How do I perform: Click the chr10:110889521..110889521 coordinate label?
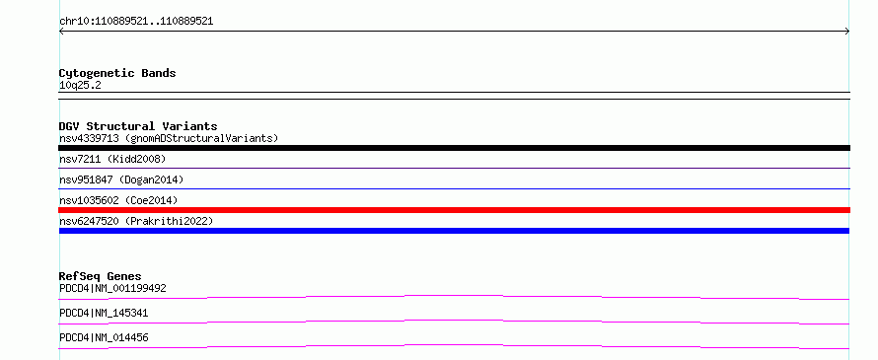[x=136, y=22]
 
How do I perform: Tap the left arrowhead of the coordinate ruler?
[x=61, y=32]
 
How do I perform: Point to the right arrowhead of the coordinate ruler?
[x=847, y=32]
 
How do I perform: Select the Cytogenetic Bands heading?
[x=117, y=73]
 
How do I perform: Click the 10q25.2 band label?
[x=80, y=86]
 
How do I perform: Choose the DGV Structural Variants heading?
[x=138, y=126]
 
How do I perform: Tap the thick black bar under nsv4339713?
[x=454, y=148]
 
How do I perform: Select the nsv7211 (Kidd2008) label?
[x=112, y=159]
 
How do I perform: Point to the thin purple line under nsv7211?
[x=454, y=168]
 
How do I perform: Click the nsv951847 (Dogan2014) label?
[x=121, y=180]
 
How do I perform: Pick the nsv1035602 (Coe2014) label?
[x=118, y=200]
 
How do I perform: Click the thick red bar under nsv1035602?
[x=454, y=210]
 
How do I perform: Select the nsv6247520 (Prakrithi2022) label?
[x=136, y=221]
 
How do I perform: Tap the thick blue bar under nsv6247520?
[x=454, y=231]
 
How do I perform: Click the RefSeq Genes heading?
[x=101, y=276]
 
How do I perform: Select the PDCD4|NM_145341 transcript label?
[x=104, y=313]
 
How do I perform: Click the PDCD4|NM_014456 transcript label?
[x=104, y=337]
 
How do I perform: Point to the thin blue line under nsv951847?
[x=454, y=188]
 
